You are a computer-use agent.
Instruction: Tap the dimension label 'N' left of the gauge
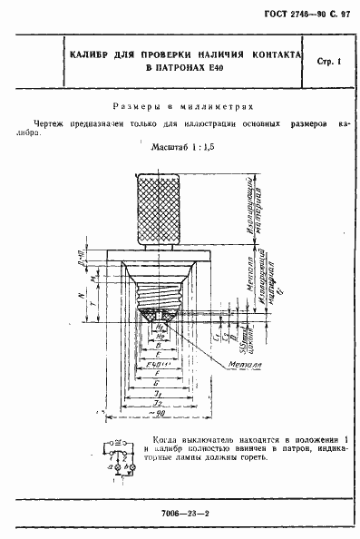[x=82, y=294]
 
